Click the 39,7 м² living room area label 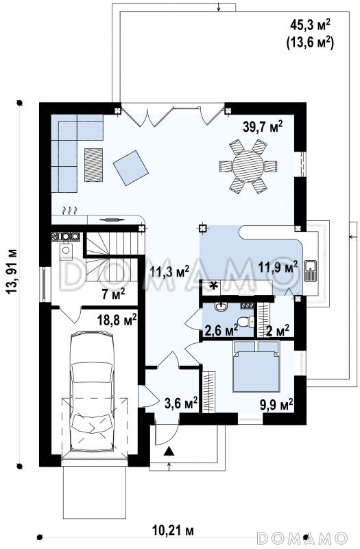point(263,126)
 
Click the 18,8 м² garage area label point(117,320)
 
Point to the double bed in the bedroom point(256,366)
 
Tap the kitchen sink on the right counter point(311,271)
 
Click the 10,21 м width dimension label point(173,530)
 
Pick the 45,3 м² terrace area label point(311,25)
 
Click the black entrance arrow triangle point(169,451)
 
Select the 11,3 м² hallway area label point(169,271)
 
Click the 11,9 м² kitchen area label point(278,267)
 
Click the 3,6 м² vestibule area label point(181,403)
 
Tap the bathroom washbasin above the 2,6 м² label point(221,307)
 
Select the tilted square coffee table point(131,167)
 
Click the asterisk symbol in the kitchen point(213,286)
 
